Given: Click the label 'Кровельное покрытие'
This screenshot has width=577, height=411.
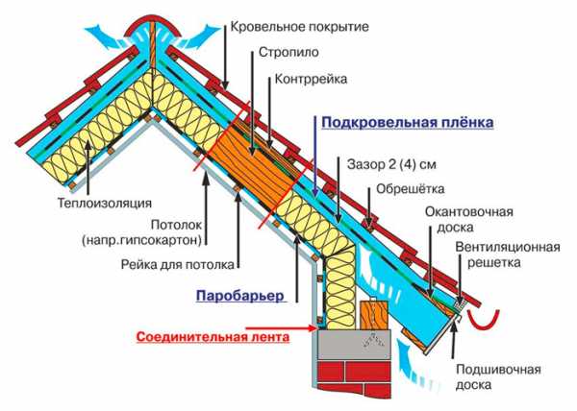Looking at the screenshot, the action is (x=299, y=27).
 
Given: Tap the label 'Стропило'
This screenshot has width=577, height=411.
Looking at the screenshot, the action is (x=288, y=52).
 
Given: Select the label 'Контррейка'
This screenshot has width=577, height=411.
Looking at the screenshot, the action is (x=311, y=79).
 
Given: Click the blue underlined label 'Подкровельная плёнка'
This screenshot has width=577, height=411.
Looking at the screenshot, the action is (x=408, y=122).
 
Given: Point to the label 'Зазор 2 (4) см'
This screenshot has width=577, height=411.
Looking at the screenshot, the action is (x=391, y=164).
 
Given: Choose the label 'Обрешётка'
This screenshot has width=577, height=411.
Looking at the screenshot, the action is (x=410, y=189).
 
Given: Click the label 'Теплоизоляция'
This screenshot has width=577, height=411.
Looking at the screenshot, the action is (x=105, y=204).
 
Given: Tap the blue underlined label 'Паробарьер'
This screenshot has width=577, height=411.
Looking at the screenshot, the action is (x=240, y=296).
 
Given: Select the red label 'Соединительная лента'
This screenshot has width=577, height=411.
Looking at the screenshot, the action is (x=213, y=337).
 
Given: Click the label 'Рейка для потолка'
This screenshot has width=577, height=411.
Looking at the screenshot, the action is (x=177, y=264).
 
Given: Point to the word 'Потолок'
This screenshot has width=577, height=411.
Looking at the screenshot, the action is (x=177, y=225).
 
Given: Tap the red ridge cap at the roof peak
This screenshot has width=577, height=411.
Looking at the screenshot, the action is (x=153, y=27).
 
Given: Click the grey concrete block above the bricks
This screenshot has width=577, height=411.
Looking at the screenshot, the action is (x=354, y=344).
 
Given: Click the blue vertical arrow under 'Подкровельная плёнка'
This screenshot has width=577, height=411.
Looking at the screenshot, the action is (x=315, y=157).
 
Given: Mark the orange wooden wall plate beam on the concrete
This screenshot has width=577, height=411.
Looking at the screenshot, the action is (x=374, y=315).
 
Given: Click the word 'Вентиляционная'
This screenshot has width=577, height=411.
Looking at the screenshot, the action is (x=508, y=247).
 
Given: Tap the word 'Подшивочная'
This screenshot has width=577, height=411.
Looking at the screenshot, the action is (x=498, y=369).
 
